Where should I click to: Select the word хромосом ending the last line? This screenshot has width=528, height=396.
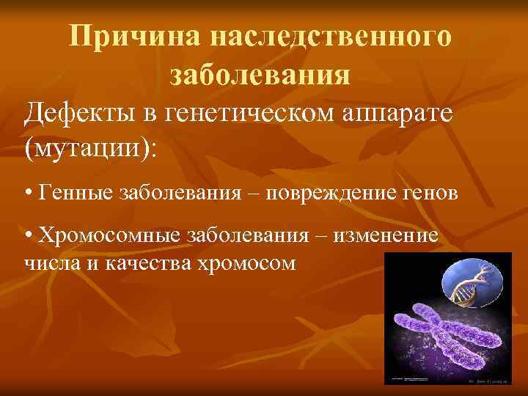click(246, 262)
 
